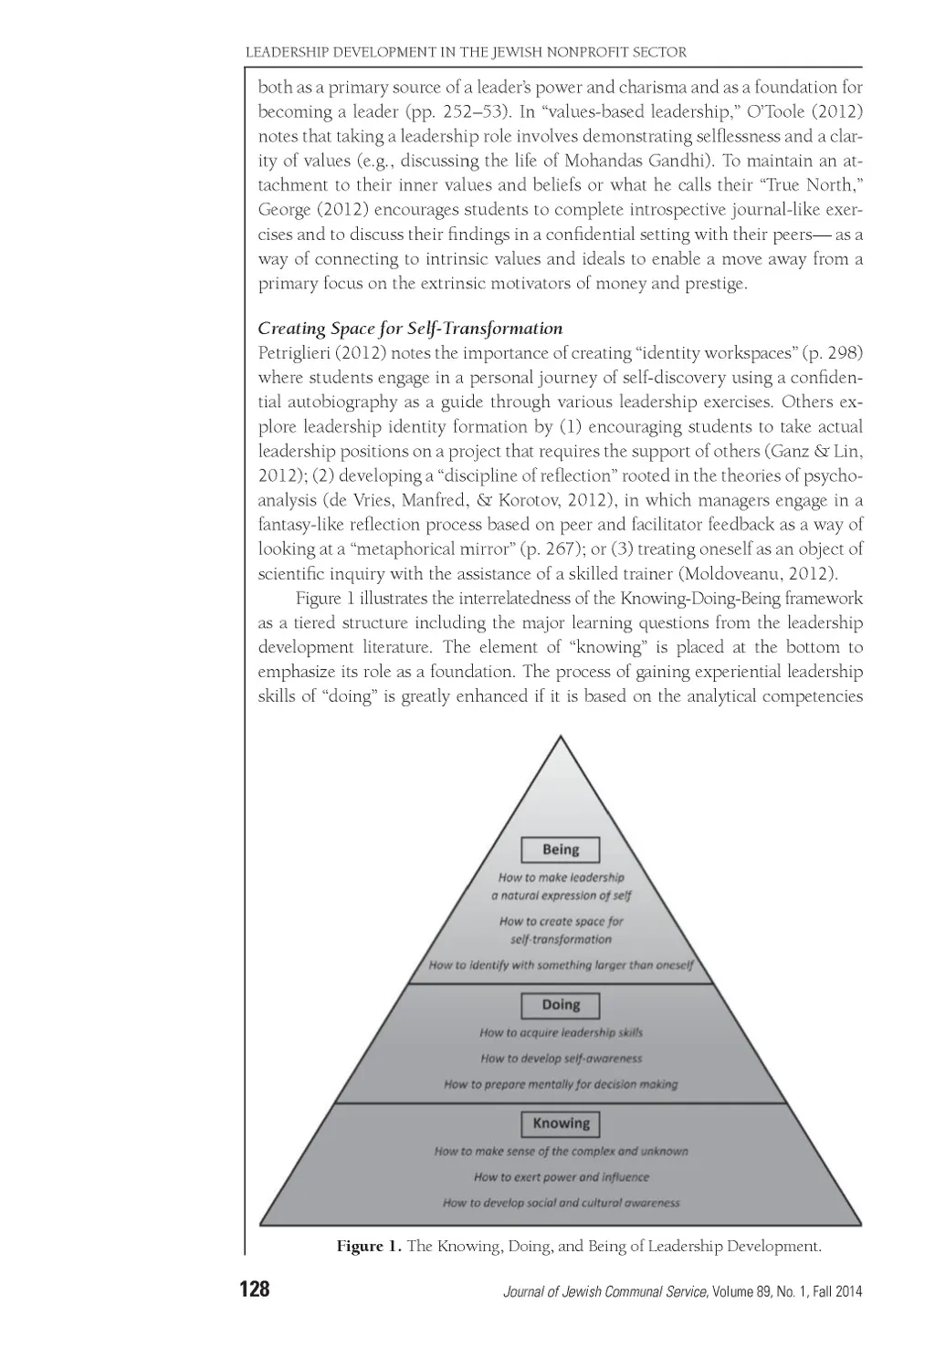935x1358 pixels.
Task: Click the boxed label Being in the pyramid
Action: pyautogui.click(x=561, y=850)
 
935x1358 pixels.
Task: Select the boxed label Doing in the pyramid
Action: pyautogui.click(x=561, y=1005)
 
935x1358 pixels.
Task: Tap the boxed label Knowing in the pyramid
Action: pyautogui.click(x=561, y=1123)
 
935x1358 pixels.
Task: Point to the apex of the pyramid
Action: pyautogui.click(x=561, y=737)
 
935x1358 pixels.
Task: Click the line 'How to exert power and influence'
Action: pyautogui.click(x=561, y=1177)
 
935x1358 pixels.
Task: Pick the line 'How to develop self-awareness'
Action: pyautogui.click(x=561, y=1059)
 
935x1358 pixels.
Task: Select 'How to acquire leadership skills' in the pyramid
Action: pyautogui.click(x=561, y=1033)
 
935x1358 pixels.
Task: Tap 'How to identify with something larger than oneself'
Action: pyautogui.click(x=561, y=965)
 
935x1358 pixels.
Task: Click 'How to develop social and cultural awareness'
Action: pyautogui.click(x=561, y=1203)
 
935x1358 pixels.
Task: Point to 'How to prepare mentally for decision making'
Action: pyautogui.click(x=561, y=1084)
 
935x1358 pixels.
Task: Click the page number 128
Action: pyautogui.click(x=255, y=1290)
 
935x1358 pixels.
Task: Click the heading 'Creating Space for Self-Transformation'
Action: pyautogui.click(x=410, y=329)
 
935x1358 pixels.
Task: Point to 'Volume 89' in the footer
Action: pyautogui.click(x=742, y=1291)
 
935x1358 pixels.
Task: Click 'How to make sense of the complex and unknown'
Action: pyautogui.click(x=561, y=1152)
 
